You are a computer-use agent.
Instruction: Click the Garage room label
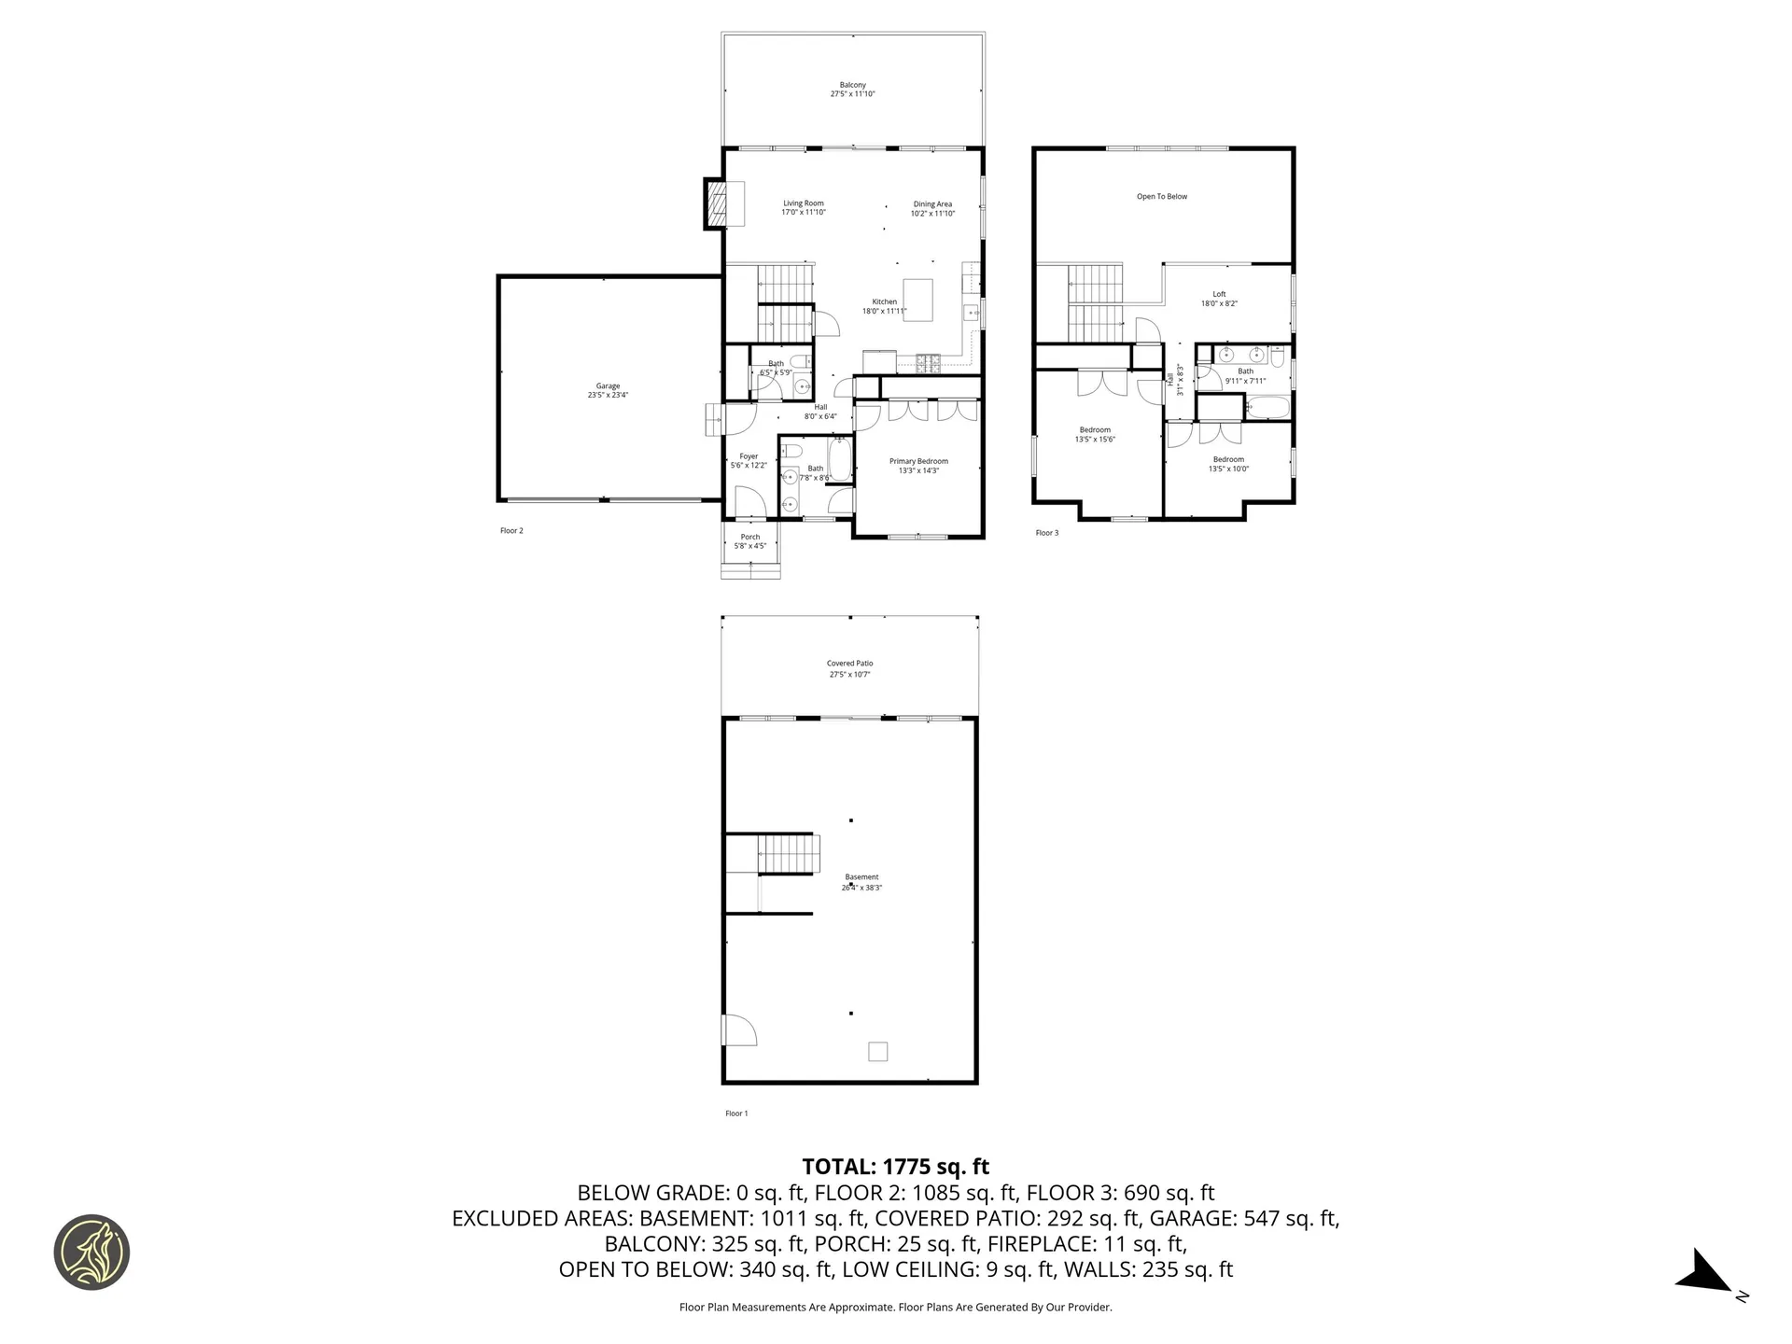(608, 390)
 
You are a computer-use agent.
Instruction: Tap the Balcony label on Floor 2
(852, 90)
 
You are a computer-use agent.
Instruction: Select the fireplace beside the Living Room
(717, 203)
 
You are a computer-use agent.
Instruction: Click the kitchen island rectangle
(917, 300)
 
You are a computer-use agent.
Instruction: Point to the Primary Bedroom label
(918, 466)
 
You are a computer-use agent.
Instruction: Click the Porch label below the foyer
(750, 541)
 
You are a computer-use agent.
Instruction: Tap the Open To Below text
(1162, 197)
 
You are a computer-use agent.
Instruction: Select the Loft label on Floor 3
(1219, 299)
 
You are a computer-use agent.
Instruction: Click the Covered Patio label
(849, 668)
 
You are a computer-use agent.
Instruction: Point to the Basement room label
(861, 882)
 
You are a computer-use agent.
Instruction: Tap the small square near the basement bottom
(877, 1052)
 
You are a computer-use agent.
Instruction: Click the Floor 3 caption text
(1047, 533)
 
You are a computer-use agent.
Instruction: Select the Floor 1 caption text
(736, 1113)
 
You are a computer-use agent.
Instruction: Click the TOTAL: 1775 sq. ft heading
(895, 1167)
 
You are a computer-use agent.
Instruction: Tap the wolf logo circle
(91, 1253)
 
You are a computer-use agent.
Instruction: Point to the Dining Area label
(932, 208)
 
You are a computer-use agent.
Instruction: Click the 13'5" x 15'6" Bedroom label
(1095, 435)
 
